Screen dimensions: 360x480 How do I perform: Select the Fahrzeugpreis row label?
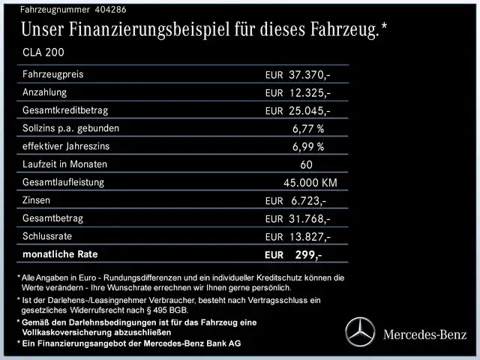pyautogui.click(x=53, y=75)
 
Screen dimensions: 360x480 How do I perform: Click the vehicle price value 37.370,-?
pyautogui.click(x=309, y=76)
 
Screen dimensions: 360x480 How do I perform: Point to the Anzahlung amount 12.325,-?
pyautogui.click(x=309, y=93)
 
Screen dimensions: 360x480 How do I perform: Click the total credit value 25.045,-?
pyautogui.click(x=309, y=111)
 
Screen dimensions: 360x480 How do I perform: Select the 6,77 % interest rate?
pyautogui.click(x=308, y=129)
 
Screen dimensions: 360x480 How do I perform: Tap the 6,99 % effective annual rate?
pyautogui.click(x=308, y=147)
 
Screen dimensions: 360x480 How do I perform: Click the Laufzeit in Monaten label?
pyautogui.click(x=65, y=164)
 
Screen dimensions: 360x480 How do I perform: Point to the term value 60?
pyautogui.click(x=306, y=165)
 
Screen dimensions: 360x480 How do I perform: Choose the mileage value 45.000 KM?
pyautogui.click(x=310, y=183)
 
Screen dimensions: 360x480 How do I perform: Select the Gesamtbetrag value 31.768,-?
pyautogui.click(x=309, y=219)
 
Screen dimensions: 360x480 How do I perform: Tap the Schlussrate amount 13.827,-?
pyautogui.click(x=309, y=237)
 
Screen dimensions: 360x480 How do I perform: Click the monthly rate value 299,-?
pyautogui.click(x=308, y=255)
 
